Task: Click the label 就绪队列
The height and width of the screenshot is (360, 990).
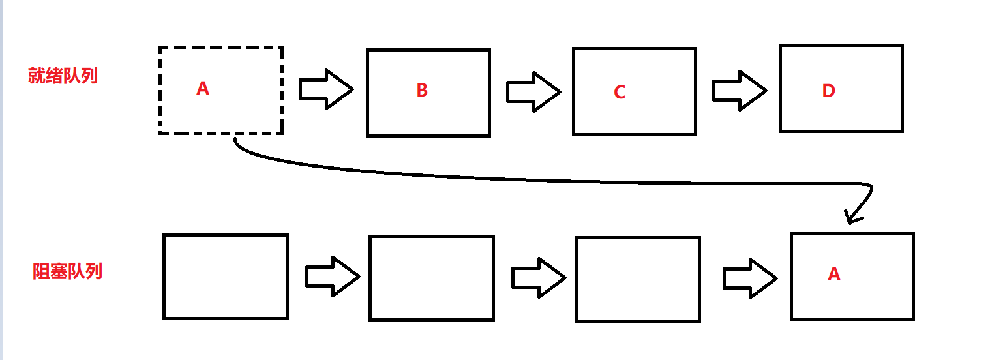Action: click(63, 76)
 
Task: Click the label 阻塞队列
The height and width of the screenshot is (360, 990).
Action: click(67, 271)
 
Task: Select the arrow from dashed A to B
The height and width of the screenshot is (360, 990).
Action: click(325, 89)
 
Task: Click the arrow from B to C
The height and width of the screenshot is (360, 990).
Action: click(533, 91)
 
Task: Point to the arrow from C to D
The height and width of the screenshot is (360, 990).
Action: click(739, 91)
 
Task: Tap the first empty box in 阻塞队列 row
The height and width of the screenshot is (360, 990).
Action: click(225, 277)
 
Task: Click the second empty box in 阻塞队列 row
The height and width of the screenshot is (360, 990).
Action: click(431, 278)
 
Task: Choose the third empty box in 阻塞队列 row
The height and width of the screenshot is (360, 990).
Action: click(637, 279)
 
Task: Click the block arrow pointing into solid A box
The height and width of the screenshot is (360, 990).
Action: click(749, 278)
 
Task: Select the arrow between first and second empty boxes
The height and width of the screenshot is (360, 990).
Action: click(332, 277)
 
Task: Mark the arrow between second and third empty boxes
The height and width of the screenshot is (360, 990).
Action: click(538, 277)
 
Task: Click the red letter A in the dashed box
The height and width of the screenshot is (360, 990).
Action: click(203, 89)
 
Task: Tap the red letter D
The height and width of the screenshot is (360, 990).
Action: click(828, 91)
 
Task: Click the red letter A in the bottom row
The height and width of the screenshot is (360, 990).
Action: click(833, 275)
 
